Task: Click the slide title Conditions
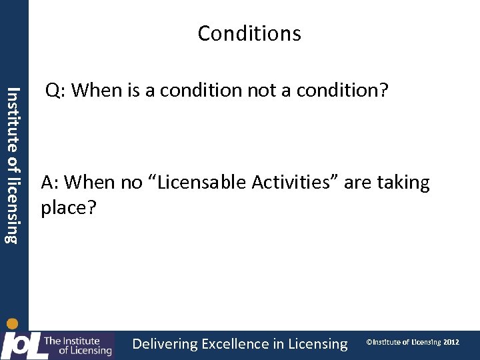pos(249,33)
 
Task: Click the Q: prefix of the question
pos(55,91)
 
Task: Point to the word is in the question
pos(132,91)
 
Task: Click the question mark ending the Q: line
pos(383,91)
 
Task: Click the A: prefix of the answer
pos(51,183)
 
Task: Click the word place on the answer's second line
pos(64,209)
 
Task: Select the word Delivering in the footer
pos(165,344)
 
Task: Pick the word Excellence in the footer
pos(235,344)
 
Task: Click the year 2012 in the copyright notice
pos(451,342)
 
